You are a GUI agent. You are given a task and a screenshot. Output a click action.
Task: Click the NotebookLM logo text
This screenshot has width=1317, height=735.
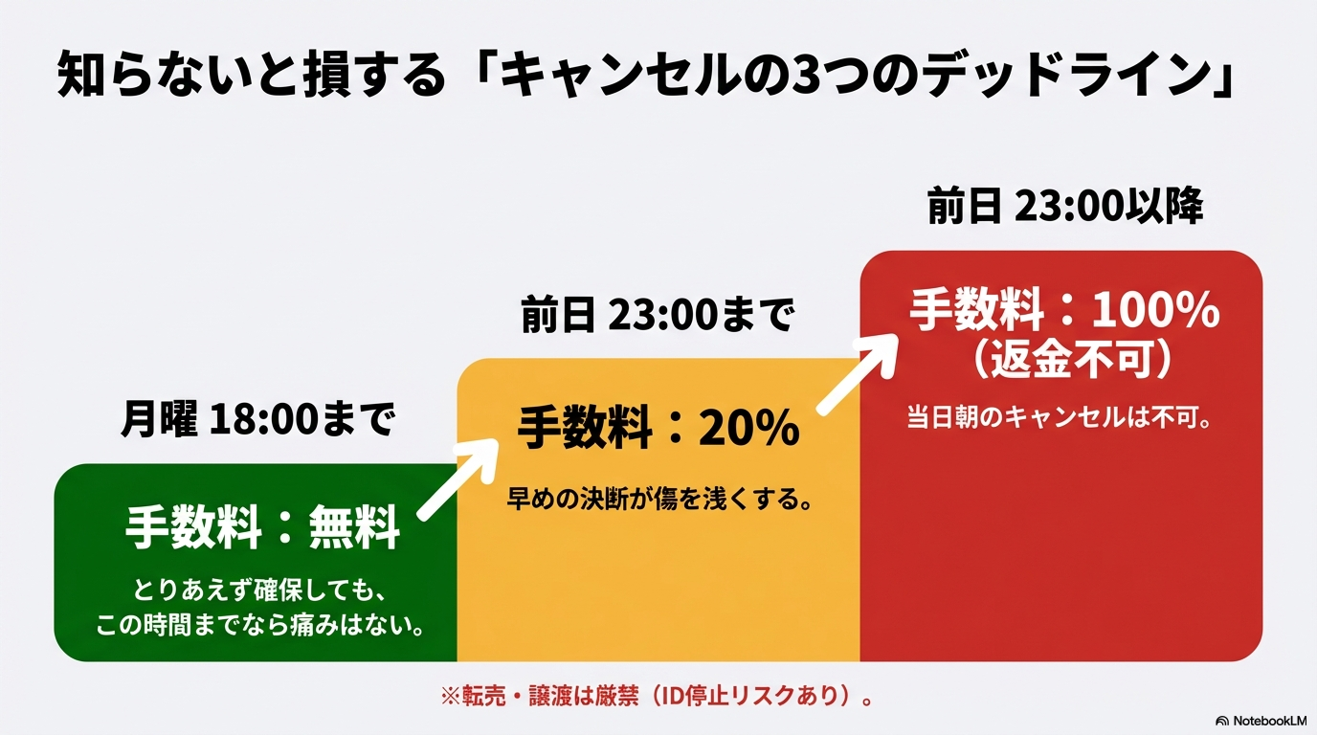coord(1261,721)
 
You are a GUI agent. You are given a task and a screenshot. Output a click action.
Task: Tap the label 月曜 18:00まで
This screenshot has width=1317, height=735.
coord(258,418)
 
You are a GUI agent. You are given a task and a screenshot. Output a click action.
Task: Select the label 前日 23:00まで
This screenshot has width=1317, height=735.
coord(658,315)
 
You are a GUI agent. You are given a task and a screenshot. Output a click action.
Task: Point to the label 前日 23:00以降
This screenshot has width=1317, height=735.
coord(1065,206)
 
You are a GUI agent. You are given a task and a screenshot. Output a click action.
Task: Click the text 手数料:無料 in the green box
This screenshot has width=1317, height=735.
coord(262,527)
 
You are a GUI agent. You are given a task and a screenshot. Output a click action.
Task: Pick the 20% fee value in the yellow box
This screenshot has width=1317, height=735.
coord(748,428)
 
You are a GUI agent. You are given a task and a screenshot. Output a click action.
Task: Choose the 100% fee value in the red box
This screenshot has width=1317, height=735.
coord(1156,309)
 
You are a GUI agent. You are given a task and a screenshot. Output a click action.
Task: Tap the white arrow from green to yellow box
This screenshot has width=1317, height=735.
coord(458,479)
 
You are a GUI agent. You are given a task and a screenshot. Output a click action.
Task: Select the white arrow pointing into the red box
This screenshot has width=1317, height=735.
coord(859,374)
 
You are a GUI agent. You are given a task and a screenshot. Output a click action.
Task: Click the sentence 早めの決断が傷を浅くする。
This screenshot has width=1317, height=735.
coord(659,500)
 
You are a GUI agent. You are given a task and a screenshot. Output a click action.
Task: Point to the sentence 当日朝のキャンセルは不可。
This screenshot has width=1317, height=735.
coord(1060,417)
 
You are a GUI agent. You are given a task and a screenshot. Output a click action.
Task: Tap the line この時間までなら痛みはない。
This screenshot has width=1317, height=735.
coord(260,624)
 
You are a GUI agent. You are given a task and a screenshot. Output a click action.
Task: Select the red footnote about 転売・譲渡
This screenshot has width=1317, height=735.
coord(657,696)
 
